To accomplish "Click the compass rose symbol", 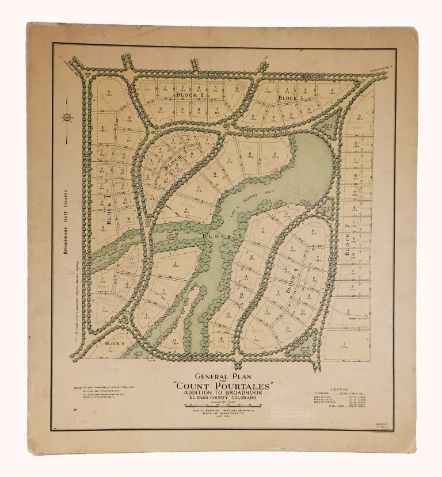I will pyautogui.click(x=68, y=117).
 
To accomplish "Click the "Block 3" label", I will pyautogui.click(x=290, y=98).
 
